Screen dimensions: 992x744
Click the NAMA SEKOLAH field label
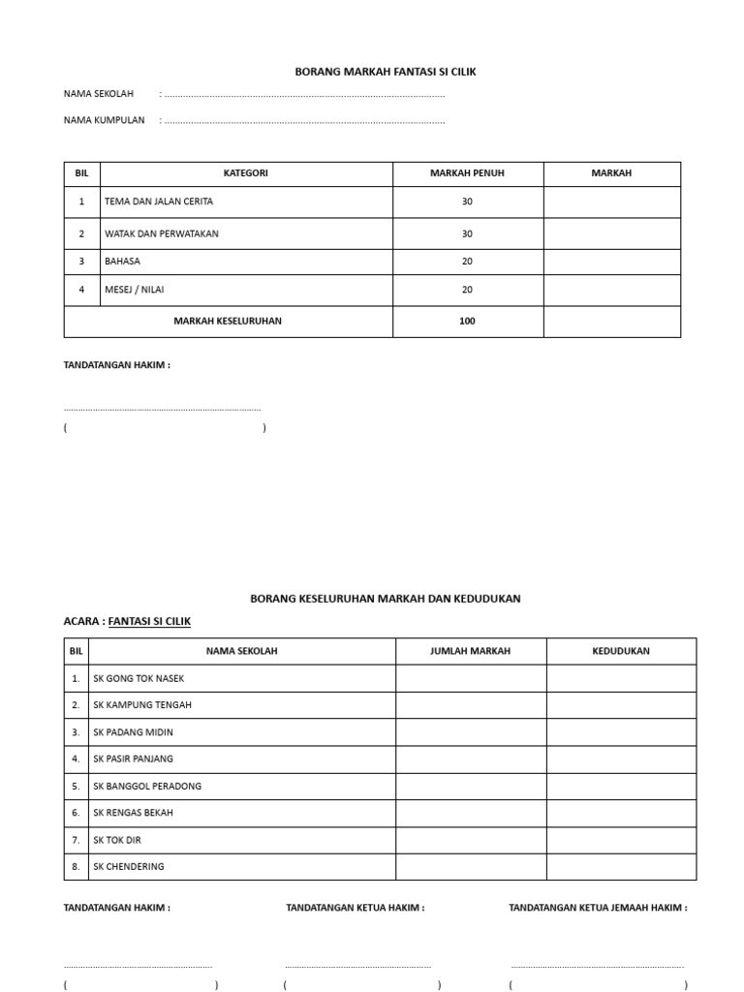[99, 94]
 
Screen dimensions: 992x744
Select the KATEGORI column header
[245, 173]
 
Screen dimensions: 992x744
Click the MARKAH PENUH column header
[467, 173]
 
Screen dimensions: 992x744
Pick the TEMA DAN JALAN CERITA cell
[159, 201]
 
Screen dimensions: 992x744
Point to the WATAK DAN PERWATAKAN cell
[162, 233]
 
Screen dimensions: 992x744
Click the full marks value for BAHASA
[467, 262]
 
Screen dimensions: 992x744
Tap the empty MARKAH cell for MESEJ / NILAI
[611, 290]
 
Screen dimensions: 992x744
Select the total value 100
[467, 321]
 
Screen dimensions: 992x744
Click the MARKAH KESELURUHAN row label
[228, 321]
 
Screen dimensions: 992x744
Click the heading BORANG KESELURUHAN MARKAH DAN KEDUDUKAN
[386, 599]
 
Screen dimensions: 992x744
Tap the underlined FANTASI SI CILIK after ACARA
[149, 621]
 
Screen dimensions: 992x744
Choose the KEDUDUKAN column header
[621, 651]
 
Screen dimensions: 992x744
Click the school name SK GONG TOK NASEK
[139, 678]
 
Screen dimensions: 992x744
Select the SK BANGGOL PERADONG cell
[147, 786]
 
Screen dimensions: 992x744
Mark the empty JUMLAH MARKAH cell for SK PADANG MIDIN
[471, 732]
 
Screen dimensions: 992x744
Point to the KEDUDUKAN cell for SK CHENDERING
[621, 866]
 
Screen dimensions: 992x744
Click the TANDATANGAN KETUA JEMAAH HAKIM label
[598, 908]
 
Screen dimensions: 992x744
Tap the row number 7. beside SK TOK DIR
[76, 840]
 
